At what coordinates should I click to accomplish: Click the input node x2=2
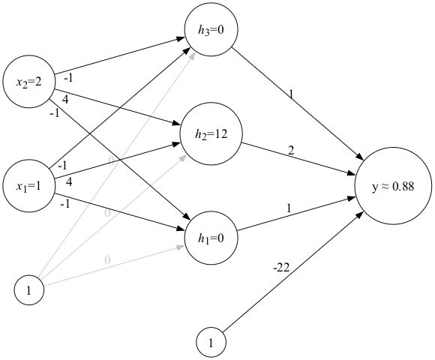28,81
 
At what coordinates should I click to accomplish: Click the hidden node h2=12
211,135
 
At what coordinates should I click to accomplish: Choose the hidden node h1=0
211,238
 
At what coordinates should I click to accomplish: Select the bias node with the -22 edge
211,343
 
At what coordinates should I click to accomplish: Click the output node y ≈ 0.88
393,187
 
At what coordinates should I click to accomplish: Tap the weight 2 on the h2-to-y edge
291,150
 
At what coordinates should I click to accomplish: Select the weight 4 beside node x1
69,181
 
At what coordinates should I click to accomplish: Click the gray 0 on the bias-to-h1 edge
107,259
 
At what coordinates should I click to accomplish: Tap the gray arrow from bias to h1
112,266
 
